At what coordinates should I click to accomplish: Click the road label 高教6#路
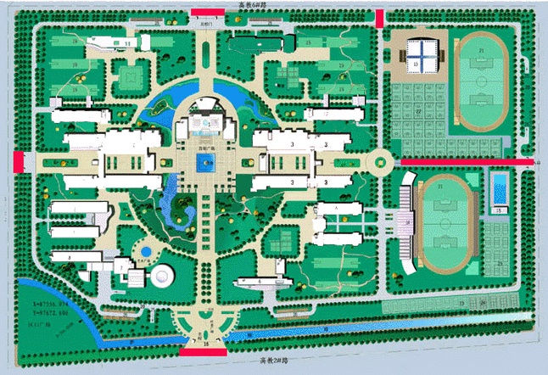point(252,4)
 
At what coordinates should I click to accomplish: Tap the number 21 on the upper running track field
point(482,52)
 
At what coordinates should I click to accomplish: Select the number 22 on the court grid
point(418,110)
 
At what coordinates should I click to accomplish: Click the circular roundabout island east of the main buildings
point(380,160)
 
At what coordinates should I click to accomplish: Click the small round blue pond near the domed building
point(145,251)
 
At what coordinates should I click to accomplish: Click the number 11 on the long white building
point(128,42)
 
